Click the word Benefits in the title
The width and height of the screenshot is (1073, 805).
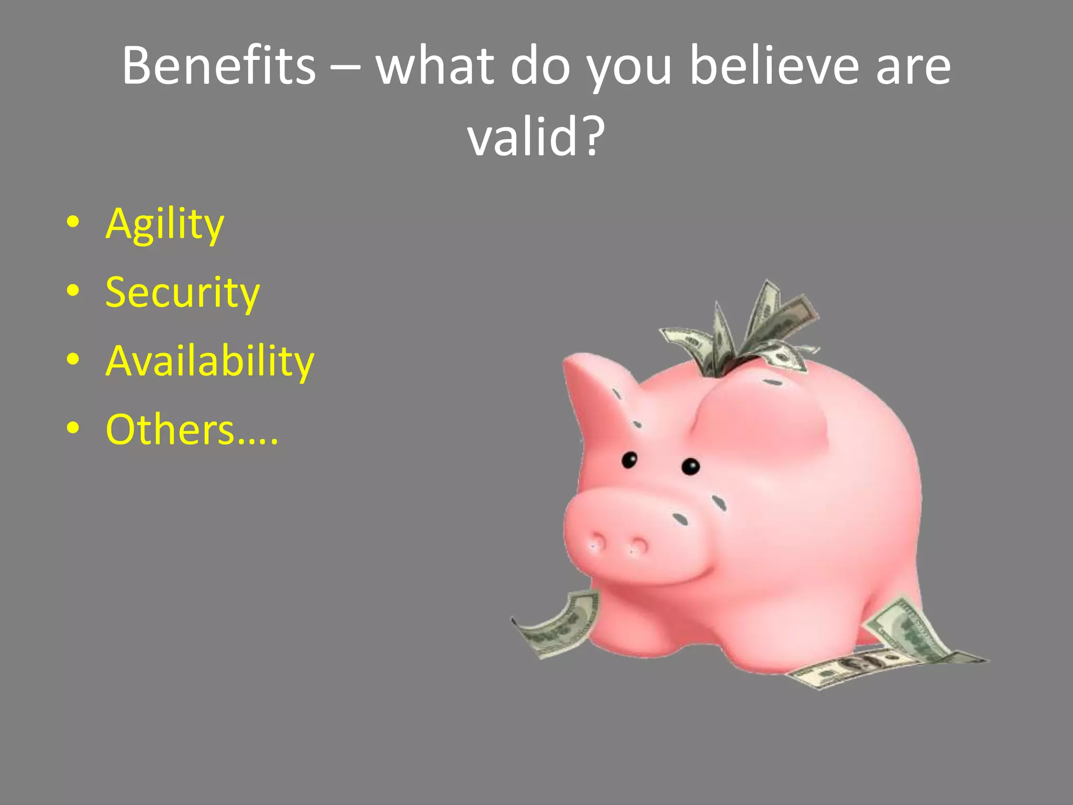coord(219,66)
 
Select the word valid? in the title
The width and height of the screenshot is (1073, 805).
coord(535,136)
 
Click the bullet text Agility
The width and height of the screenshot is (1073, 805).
coord(165,224)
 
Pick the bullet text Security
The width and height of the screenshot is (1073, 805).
coord(182,292)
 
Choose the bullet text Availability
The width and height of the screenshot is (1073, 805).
coord(210,361)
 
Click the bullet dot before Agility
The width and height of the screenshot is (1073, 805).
coord(73,222)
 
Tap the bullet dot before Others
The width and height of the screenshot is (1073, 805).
coord(73,428)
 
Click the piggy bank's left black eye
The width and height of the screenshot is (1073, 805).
coord(629,460)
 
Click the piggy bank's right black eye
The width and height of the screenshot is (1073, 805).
coord(691,466)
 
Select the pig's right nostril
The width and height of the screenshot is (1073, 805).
coord(639,547)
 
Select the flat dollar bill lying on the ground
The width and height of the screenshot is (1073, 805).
coord(849,668)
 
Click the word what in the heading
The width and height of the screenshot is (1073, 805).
coord(435,66)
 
